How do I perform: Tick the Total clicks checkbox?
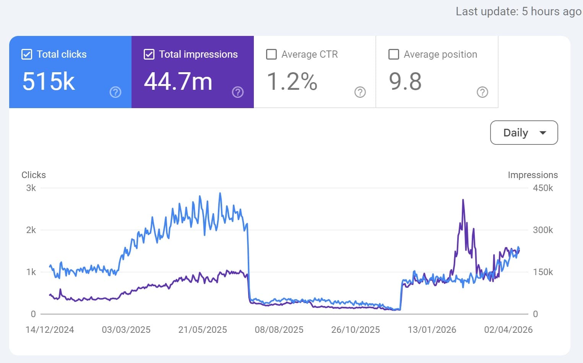tap(27, 55)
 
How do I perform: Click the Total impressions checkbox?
tap(149, 55)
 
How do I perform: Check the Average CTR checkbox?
tap(271, 55)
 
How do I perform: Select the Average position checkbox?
tap(394, 55)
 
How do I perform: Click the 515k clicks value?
tap(49, 81)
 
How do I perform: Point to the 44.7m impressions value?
tap(178, 81)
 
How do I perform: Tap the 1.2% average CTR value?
tap(292, 81)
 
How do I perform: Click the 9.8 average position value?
tap(405, 81)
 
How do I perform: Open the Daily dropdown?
tap(524, 133)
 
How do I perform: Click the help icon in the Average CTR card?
tap(360, 92)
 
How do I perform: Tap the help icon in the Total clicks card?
tap(115, 92)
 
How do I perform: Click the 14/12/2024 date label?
tap(50, 330)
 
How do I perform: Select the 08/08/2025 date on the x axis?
tap(279, 330)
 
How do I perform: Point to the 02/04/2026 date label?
tap(508, 330)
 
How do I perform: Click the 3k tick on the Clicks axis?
tap(31, 188)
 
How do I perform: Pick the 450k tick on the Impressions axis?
tap(543, 188)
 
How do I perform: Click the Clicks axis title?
tap(34, 175)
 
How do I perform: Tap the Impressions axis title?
tap(533, 175)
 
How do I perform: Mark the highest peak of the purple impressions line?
tap(463, 200)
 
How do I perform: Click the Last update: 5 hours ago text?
tap(518, 11)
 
